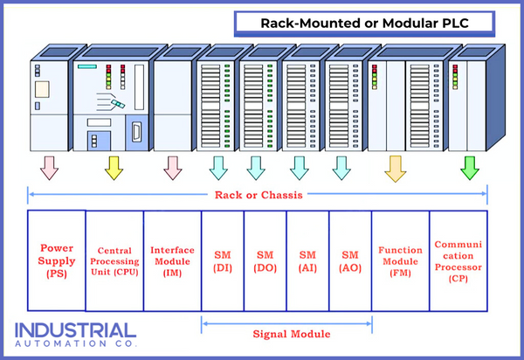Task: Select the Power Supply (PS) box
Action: [x=57, y=260]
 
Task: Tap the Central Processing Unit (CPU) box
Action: [x=114, y=260]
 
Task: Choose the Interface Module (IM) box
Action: [x=172, y=260]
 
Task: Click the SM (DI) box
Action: [x=223, y=260]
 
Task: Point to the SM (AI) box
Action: [x=308, y=260]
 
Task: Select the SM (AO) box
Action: [x=351, y=260]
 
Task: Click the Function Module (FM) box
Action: [x=401, y=260]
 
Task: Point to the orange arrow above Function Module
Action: [x=394, y=167]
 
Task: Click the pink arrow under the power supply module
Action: [x=50, y=167]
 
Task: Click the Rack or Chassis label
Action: [x=258, y=195]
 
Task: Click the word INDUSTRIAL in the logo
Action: [x=75, y=331]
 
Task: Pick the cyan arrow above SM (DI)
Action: [x=218, y=167]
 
